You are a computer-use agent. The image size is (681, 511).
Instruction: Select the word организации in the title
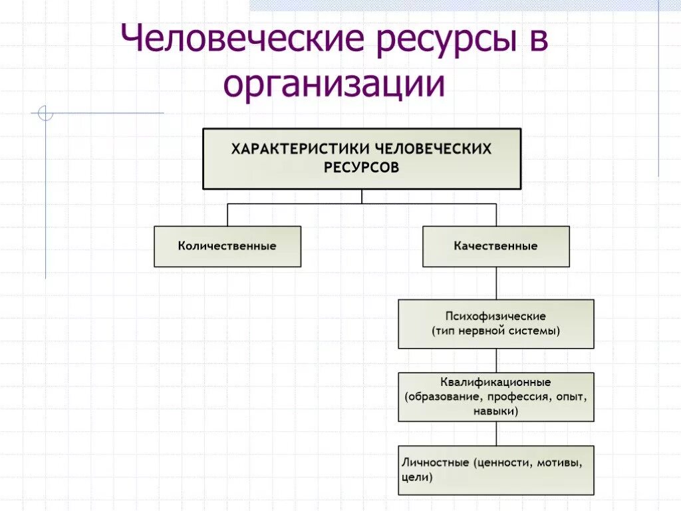(334, 85)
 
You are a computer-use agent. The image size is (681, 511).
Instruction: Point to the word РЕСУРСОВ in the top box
(362, 168)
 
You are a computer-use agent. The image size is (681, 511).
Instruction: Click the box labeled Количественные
(227, 246)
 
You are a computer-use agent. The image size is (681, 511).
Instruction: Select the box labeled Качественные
(496, 246)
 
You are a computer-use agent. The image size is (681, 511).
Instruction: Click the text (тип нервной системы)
(496, 331)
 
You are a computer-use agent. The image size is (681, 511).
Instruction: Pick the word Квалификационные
(496, 383)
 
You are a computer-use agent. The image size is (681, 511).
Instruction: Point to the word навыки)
(496, 411)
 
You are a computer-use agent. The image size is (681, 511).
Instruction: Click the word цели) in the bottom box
(418, 477)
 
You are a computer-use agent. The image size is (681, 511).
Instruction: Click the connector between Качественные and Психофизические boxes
(496, 283)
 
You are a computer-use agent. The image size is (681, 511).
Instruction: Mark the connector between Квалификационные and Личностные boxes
(496, 433)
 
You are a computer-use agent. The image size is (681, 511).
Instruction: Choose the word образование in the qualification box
(442, 397)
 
